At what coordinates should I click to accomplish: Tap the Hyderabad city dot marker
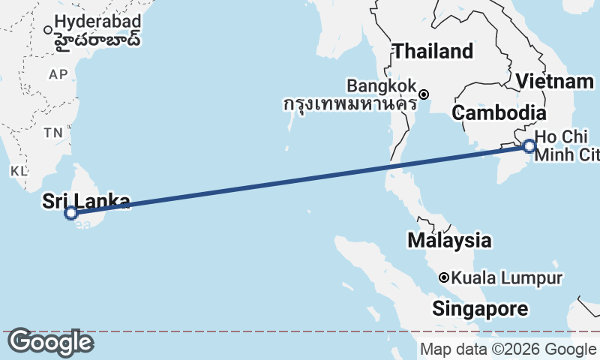tap(48, 30)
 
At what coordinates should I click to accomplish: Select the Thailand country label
tap(433, 52)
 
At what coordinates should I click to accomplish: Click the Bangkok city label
tap(382, 85)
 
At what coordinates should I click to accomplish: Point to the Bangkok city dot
tap(424, 94)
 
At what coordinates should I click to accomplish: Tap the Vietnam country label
tap(555, 82)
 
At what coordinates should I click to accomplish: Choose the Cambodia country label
tap(498, 113)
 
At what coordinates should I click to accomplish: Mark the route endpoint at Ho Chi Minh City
tap(529, 146)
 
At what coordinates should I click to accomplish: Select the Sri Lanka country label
tap(86, 201)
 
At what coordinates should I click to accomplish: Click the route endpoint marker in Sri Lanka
tap(71, 213)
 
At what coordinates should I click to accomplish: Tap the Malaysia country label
tap(449, 241)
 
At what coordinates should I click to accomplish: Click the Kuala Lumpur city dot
tap(444, 277)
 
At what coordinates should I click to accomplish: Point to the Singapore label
tap(479, 309)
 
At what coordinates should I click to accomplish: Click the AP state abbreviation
tap(58, 74)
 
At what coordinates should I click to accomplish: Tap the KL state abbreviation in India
tap(19, 171)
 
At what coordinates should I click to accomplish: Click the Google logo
tap(50, 342)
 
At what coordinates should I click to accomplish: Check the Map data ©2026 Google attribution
tap(508, 349)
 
